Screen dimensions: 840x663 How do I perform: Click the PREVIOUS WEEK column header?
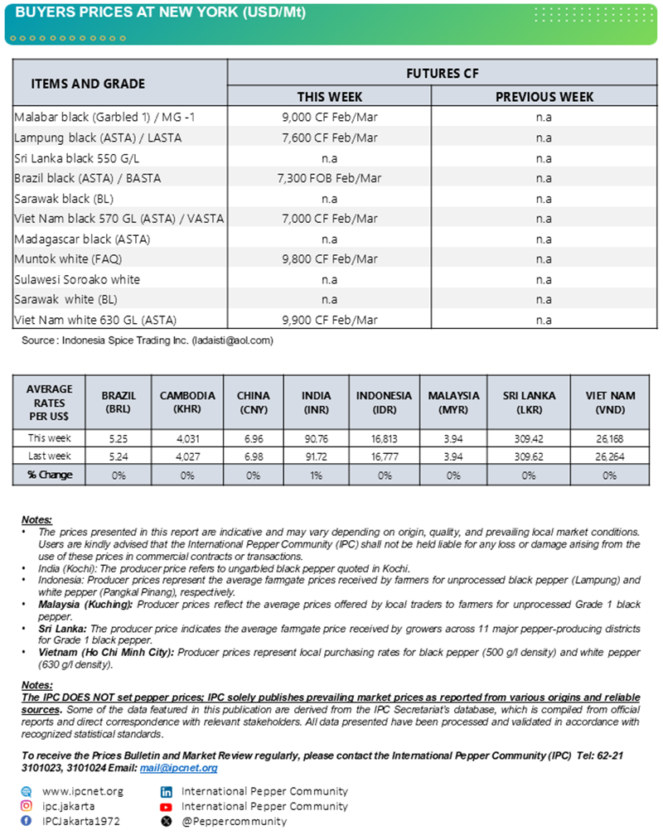[544, 97]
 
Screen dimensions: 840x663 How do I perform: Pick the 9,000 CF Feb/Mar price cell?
[329, 117]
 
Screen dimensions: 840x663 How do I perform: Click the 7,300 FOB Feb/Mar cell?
[329, 178]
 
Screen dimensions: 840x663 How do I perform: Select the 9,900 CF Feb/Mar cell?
[329, 320]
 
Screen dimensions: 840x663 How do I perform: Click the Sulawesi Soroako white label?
[77, 279]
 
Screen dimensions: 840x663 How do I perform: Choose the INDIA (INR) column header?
[316, 402]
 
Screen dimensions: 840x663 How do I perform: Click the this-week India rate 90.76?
[316, 438]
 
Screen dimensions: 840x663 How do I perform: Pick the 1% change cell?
[316, 475]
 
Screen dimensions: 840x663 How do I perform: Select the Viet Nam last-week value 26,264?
[610, 456]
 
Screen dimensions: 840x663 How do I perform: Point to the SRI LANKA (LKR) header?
[528, 402]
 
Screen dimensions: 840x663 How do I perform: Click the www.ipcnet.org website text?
[82, 791]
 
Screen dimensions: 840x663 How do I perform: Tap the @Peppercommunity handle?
[234, 821]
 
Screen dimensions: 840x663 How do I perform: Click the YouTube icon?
[166, 806]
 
